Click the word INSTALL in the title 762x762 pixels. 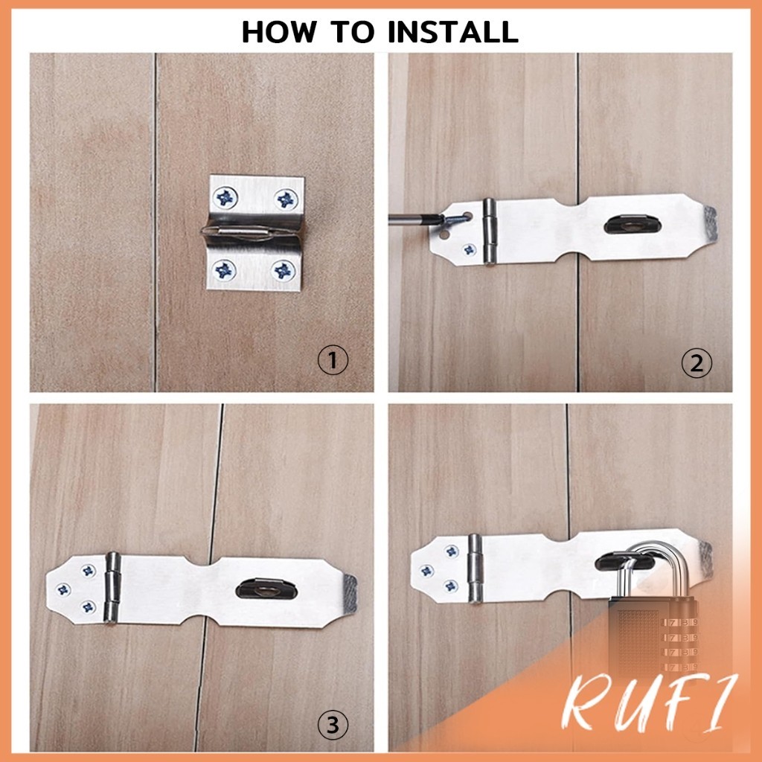453,31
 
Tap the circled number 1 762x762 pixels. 333,361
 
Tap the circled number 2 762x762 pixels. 697,363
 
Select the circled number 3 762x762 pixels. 333,725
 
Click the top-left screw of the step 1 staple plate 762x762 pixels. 225,197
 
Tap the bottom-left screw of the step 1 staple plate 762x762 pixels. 224,269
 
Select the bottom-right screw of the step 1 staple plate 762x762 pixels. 284,270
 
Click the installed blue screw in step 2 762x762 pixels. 470,250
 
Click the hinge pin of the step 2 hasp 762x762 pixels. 490,232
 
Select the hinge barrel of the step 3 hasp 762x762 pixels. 112,588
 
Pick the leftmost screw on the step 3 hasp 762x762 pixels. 63,589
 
